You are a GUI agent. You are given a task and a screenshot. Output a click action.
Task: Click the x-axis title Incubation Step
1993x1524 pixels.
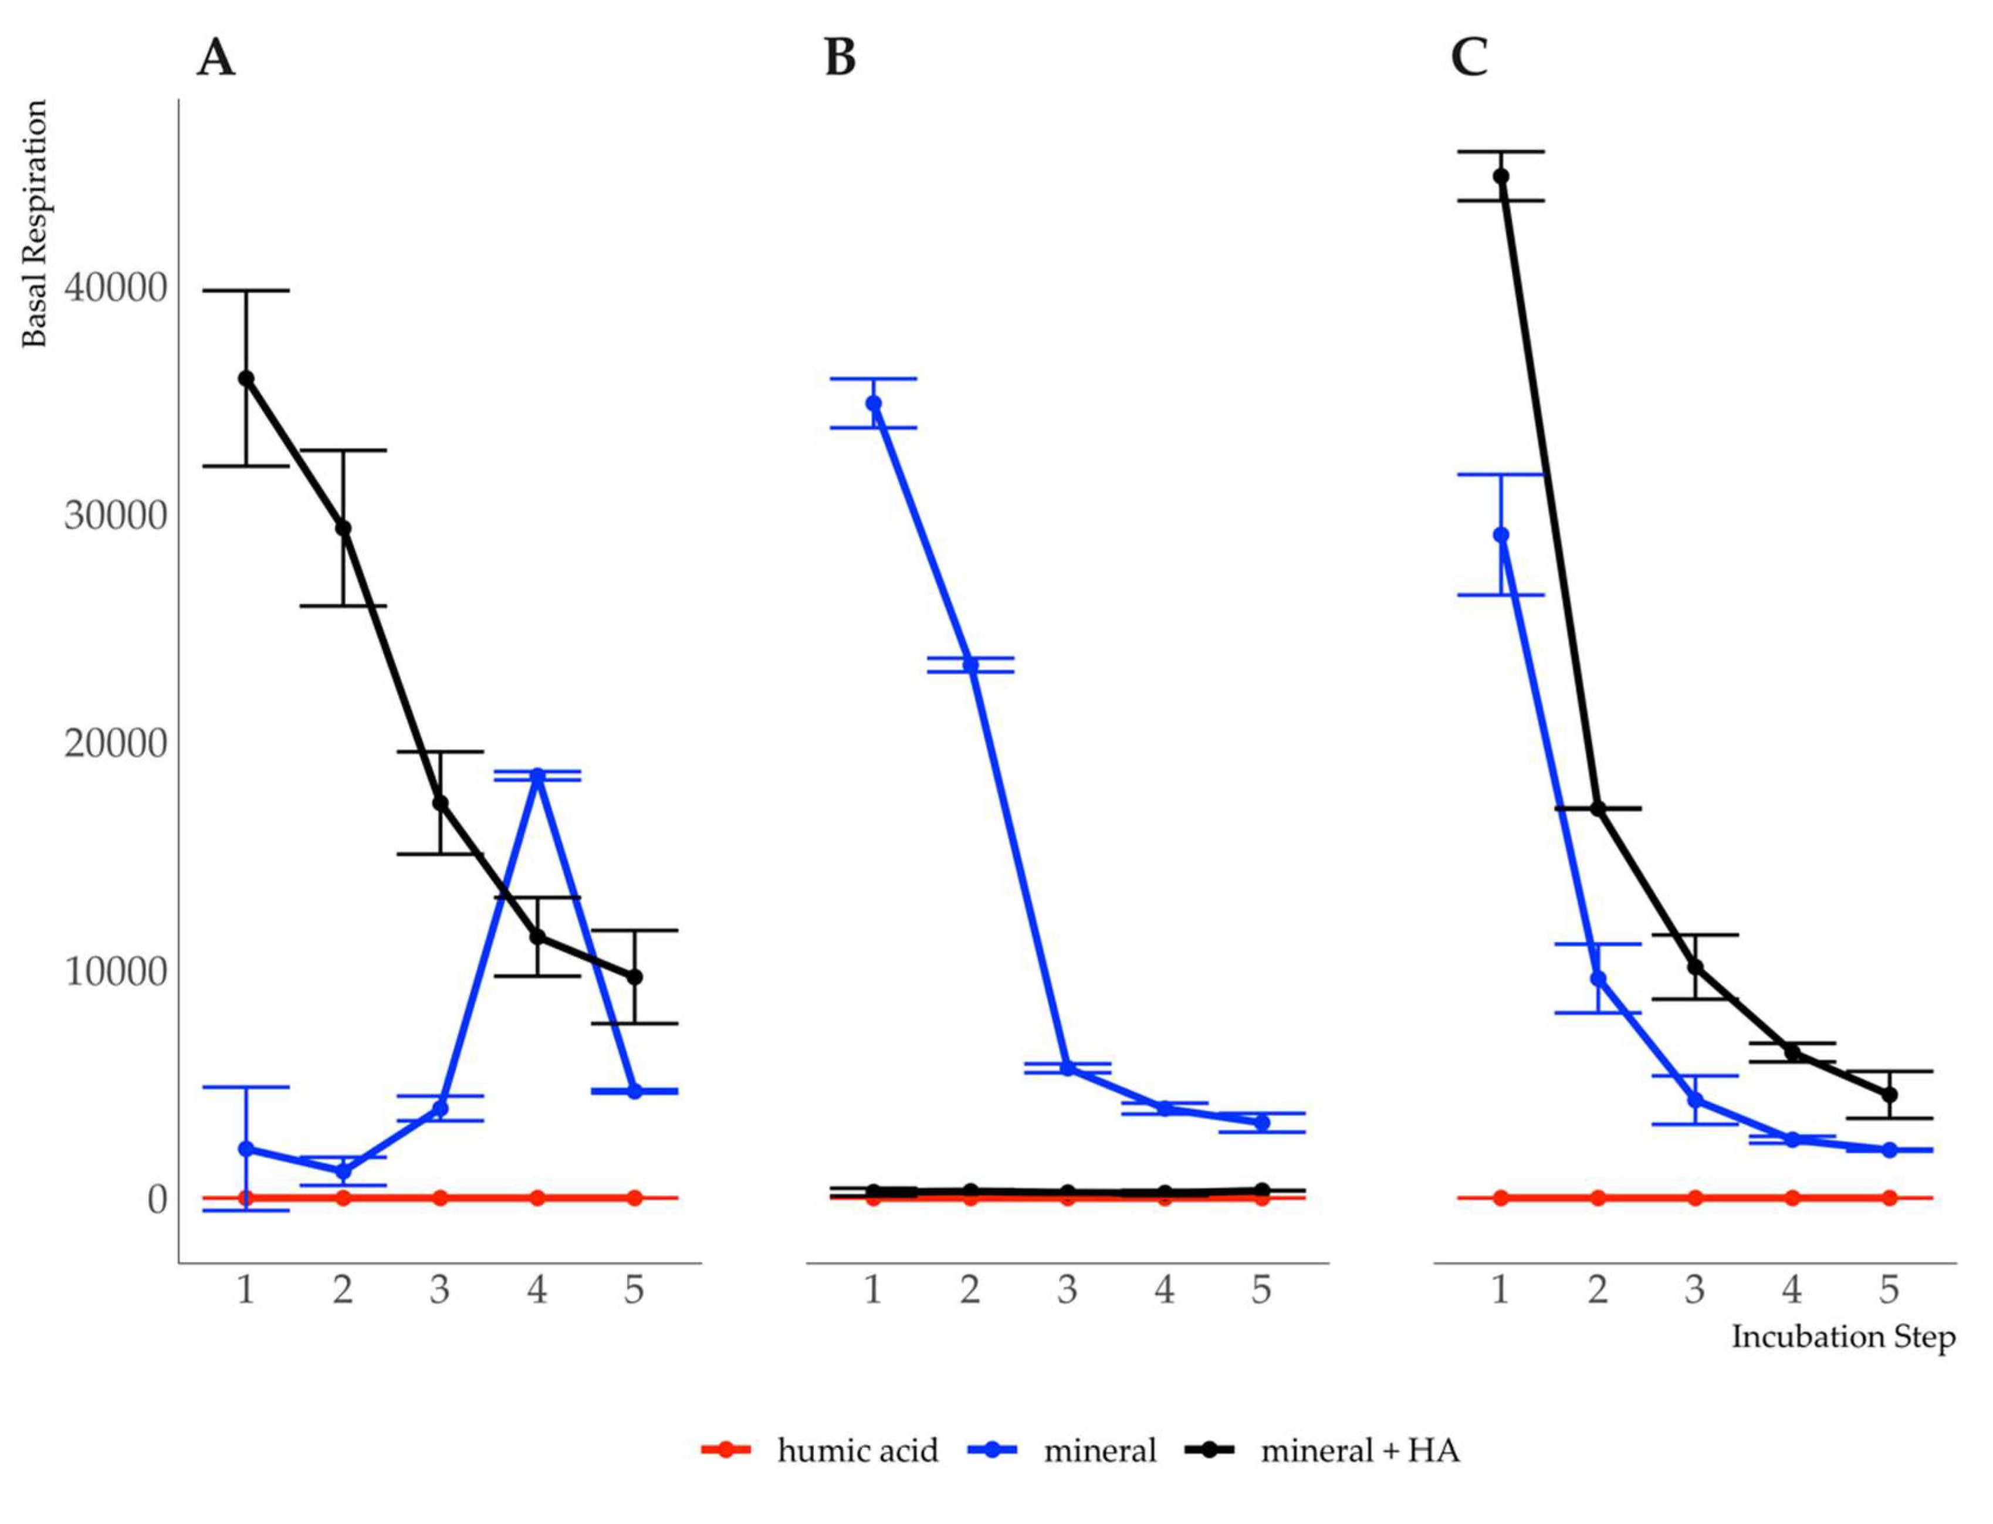[1842, 1336]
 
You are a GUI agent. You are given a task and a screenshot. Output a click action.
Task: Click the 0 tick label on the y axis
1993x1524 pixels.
[157, 1199]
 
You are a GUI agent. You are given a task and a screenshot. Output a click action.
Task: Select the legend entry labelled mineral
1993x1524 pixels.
[1099, 1451]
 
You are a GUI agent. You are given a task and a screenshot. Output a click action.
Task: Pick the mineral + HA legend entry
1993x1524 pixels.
[1359, 1451]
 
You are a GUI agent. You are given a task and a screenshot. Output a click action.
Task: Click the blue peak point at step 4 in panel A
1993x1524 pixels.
[537, 775]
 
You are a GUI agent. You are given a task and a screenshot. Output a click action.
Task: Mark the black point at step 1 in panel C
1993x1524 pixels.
[1500, 176]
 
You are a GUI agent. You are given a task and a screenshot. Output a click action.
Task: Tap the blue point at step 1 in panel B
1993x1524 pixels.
[872, 403]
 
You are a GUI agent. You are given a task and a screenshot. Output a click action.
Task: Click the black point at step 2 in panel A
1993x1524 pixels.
[343, 528]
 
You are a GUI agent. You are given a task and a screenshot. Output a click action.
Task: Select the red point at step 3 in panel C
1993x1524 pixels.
[1694, 1197]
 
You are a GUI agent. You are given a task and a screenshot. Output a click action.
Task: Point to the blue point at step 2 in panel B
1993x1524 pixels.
[970, 665]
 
